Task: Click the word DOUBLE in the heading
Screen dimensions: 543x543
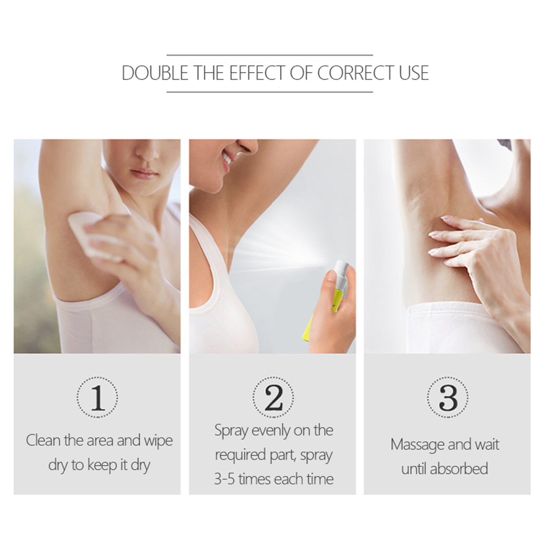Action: coord(155,73)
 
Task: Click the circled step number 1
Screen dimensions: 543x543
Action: coord(97,397)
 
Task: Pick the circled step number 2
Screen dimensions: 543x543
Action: coord(273,397)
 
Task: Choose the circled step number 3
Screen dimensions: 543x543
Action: coord(448,397)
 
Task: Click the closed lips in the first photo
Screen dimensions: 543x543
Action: coord(144,174)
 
